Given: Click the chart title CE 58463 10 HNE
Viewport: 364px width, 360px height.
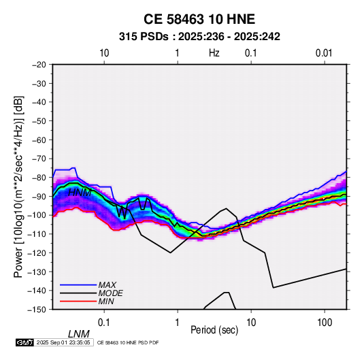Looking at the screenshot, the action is (199, 19).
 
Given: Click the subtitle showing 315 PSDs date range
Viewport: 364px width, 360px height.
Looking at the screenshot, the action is (199, 37).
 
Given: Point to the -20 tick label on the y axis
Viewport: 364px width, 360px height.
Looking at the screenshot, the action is (39, 65).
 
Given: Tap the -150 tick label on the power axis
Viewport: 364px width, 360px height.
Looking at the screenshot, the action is (37, 309).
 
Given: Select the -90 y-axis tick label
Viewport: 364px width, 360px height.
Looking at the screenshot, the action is (39, 196).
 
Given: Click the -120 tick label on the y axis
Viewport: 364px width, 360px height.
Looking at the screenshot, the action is (37, 252).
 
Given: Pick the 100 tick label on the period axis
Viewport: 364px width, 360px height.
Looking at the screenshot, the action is (325, 323).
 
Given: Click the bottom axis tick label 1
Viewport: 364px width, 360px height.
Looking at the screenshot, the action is (178, 323).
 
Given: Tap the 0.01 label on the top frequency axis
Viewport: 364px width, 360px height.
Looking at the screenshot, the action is (324, 53).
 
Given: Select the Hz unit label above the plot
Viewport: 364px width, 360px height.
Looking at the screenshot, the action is (214, 53).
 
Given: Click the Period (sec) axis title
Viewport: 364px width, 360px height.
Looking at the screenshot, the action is (214, 330).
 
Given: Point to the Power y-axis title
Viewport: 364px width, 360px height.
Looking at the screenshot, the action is (18, 187).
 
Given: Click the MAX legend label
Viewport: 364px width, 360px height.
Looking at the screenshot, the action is (107, 284).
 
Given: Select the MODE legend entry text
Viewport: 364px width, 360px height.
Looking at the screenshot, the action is (110, 293).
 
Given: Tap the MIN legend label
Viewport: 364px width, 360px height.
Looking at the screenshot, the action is (106, 301).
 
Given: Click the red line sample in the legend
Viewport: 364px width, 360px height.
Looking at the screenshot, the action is (78, 301).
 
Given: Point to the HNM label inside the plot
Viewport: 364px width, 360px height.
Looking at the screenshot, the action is (80, 193).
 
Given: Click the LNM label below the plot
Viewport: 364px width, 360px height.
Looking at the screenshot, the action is (79, 334).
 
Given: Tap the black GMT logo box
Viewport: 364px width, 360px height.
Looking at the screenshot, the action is (24, 342).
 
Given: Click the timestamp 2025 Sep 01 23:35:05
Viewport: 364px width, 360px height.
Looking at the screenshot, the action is (63, 342).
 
